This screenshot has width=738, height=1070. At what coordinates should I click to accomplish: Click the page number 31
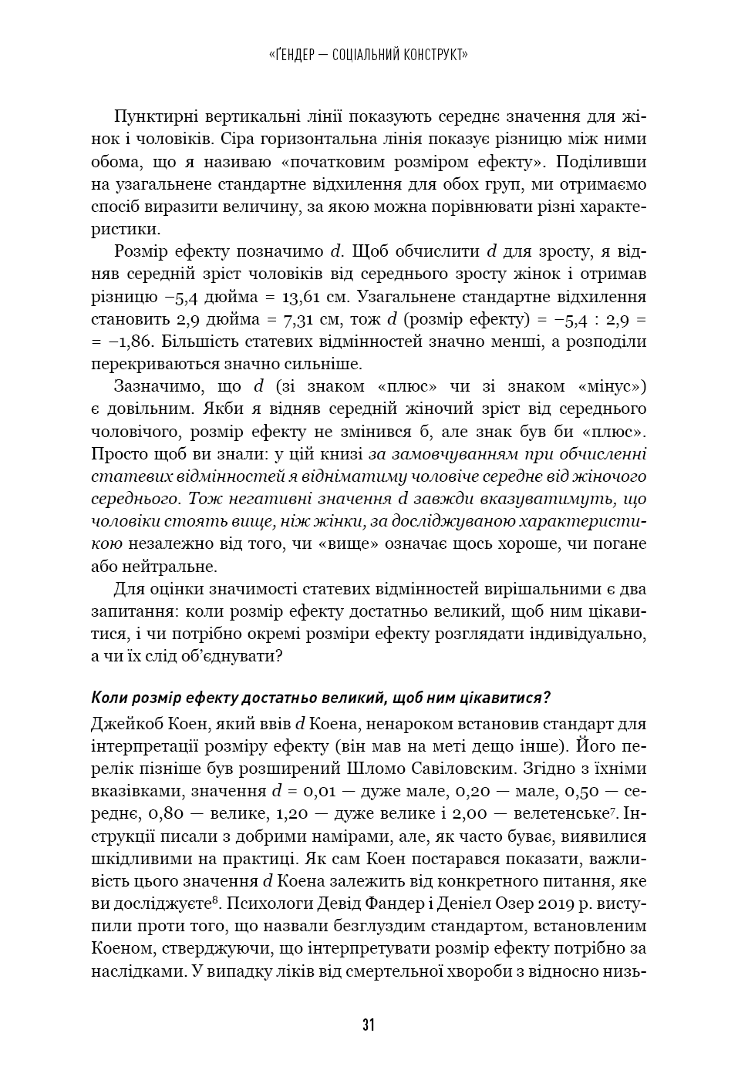tap(369, 1025)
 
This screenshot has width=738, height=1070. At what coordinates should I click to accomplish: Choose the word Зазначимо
tap(157, 386)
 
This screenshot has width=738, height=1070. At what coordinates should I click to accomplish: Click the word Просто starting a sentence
tap(118, 453)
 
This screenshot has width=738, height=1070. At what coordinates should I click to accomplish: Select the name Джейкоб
tap(123, 724)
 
